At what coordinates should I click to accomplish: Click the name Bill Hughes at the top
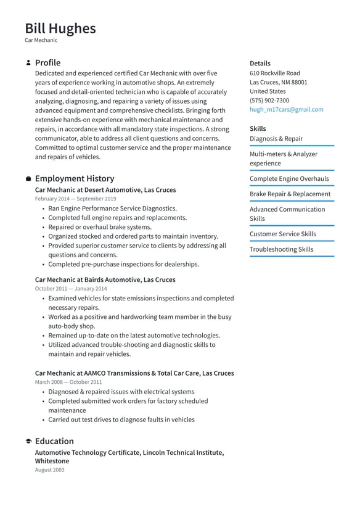pos(60,28)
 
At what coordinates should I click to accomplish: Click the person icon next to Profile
pos(28,63)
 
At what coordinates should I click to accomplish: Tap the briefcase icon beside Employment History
pos(28,179)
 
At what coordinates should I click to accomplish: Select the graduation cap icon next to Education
pos(28,442)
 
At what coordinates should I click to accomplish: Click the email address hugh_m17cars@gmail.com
pos(286,110)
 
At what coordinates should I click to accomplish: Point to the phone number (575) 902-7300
pos(269,101)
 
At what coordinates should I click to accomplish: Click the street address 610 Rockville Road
pos(274,73)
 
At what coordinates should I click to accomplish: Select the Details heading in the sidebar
pos(260,64)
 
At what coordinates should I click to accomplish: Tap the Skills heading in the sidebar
pos(258,129)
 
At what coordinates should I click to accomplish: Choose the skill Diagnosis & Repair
pos(276,139)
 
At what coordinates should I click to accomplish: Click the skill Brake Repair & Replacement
pos(290,194)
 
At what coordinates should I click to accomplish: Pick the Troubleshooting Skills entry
pos(281,250)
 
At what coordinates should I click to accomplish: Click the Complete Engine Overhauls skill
pos(289,179)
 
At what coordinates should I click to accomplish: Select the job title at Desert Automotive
pos(105,190)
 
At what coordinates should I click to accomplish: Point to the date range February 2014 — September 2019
pos(75,199)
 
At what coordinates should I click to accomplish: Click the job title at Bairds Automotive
pos(105,280)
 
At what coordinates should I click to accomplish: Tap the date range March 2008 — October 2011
pos(68,383)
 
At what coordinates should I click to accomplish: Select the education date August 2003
pos(49,470)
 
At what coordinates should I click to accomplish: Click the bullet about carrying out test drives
pos(121,420)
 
